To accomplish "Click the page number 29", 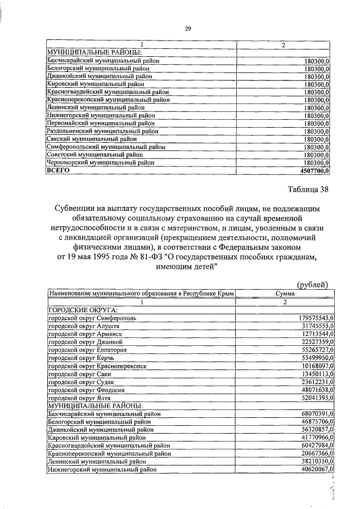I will pyautogui.click(x=187, y=30).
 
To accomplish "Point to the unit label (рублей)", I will pyautogui.click(x=313, y=285).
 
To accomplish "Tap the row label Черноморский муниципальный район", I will pyautogui.click(x=101, y=163).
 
